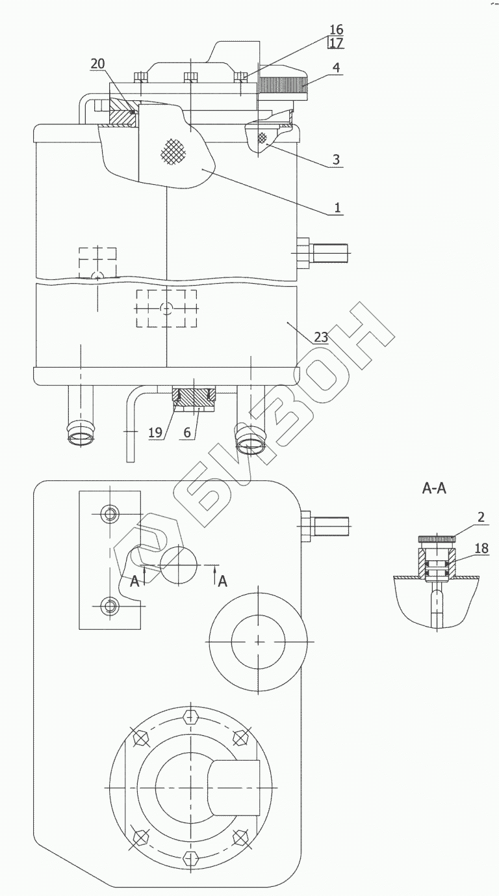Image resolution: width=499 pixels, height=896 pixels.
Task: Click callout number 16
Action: (x=337, y=29)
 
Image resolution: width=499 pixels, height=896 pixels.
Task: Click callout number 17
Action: (x=337, y=42)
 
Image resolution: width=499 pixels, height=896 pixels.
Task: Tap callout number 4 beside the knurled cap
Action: (x=337, y=67)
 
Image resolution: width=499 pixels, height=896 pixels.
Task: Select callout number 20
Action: (x=97, y=63)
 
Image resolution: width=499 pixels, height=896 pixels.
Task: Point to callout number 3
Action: (x=336, y=159)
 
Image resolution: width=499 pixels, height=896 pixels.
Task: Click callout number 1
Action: (x=337, y=208)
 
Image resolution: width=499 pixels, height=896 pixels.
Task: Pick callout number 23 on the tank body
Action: (x=321, y=337)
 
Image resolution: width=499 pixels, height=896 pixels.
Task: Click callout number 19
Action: (x=155, y=433)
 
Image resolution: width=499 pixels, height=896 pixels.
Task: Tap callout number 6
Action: (x=187, y=433)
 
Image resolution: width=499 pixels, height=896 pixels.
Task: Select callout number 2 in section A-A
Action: (x=481, y=517)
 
